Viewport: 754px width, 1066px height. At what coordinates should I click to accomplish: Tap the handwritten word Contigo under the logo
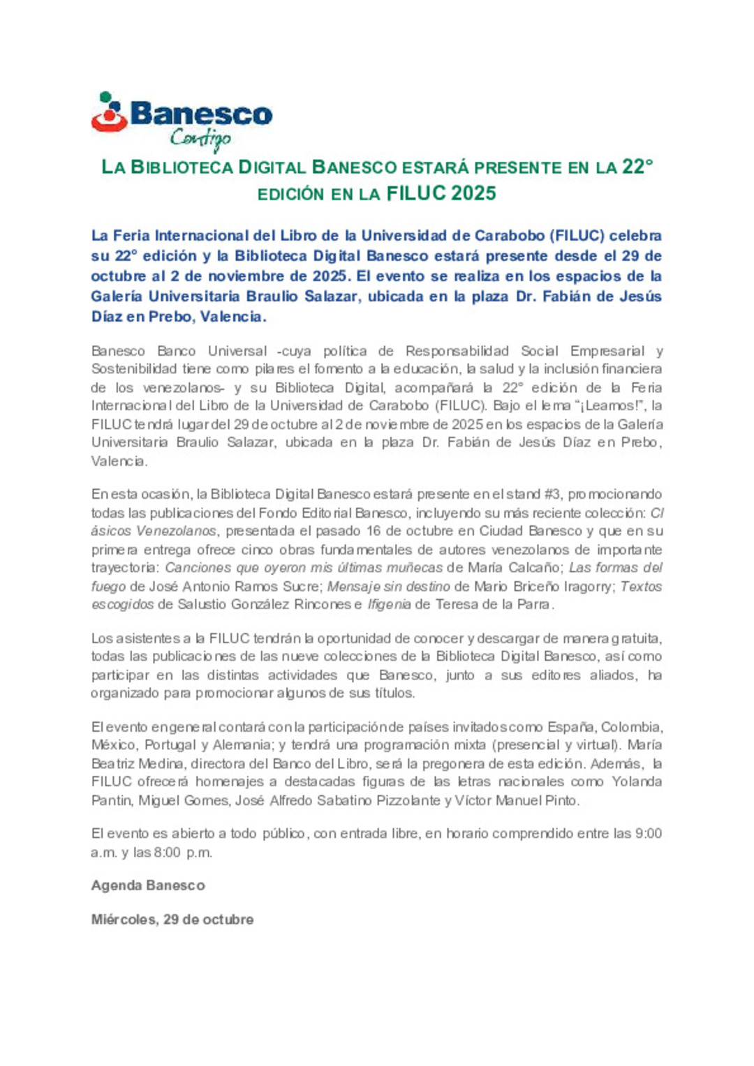coord(200,139)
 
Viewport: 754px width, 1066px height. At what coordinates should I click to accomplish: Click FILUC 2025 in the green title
coord(441,193)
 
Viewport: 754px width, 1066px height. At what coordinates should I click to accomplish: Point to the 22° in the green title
coord(637,167)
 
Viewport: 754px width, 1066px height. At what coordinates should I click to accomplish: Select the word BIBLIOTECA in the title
coord(182,167)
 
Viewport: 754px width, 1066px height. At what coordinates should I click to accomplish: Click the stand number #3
coord(552,494)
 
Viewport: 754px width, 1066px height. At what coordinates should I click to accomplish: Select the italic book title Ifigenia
coord(389,604)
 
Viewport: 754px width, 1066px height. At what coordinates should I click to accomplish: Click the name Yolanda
coord(637,781)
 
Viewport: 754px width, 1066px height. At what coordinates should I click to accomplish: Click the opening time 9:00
coord(649,833)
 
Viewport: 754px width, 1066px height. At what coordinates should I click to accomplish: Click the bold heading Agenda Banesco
coord(148,885)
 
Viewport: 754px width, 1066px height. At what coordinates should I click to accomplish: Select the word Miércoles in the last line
coord(123,919)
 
